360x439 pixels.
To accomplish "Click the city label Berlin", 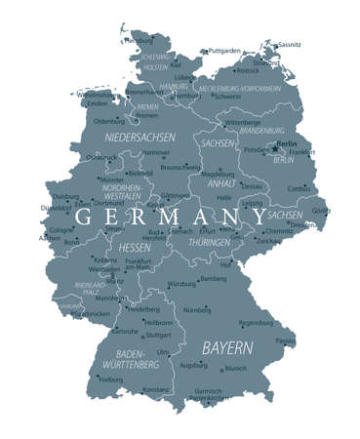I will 287,144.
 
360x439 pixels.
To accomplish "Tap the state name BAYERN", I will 227,347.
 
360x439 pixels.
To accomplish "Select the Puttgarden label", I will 223,51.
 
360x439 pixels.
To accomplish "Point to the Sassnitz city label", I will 290,45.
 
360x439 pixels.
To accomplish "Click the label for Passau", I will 285,340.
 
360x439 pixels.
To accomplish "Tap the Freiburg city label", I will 111,379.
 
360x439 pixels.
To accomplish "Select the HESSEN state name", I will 135,248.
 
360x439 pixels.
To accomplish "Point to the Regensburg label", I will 257,322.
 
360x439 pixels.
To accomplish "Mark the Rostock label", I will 249,70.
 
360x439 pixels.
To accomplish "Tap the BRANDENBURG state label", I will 261,130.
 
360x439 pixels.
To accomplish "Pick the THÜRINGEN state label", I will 209,241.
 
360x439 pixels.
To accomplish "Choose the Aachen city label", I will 50,237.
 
